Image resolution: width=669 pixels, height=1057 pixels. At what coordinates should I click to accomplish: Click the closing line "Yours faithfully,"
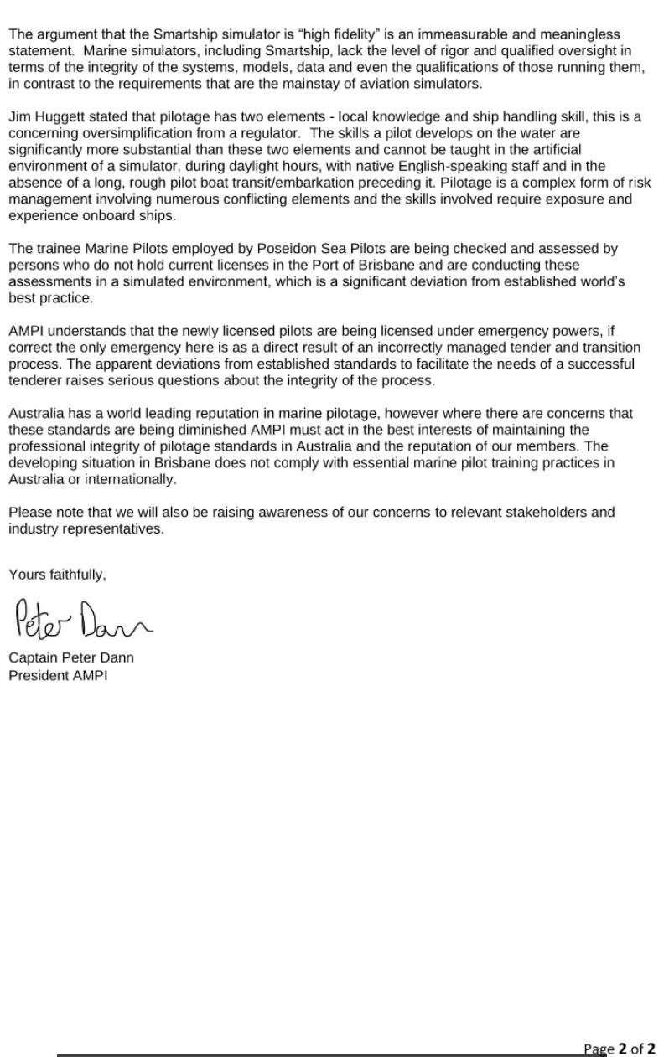tap(58, 575)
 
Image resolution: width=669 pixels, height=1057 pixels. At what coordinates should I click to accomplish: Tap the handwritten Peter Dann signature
tap(81, 620)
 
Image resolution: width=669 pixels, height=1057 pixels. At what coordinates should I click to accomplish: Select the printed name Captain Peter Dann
tap(71, 657)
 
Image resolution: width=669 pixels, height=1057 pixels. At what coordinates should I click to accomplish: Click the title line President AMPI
tap(58, 674)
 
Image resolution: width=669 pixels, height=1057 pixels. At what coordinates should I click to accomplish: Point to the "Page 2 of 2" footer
tap(620, 1048)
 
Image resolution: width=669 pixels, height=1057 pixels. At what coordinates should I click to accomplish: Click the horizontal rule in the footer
tap(319, 1055)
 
